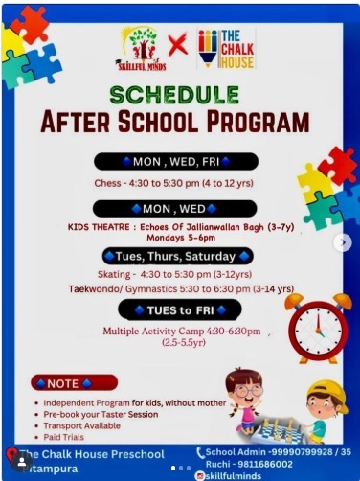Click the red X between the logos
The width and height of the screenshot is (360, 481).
[x=178, y=45]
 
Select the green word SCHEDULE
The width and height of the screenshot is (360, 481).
[x=174, y=95]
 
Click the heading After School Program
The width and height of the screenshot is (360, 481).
[x=175, y=123]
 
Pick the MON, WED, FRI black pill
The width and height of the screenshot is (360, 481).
[x=176, y=160]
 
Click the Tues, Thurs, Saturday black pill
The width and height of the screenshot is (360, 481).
[x=177, y=256]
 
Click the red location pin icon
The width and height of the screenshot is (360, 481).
[x=12, y=455]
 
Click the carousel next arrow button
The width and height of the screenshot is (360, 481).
[x=342, y=242]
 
